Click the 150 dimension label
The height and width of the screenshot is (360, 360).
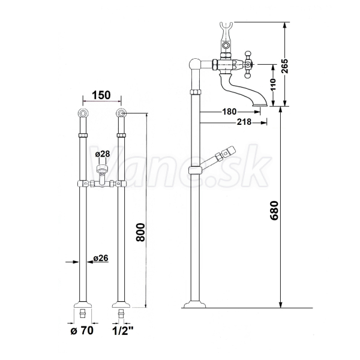(101, 95)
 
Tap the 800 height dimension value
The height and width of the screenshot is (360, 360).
(140, 232)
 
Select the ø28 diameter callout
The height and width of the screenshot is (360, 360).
(103, 154)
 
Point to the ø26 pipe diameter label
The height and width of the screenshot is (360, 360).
(101, 258)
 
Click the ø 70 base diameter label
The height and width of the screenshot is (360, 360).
(82, 331)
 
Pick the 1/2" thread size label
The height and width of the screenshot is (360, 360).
(123, 331)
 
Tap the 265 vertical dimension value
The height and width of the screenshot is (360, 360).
(284, 66)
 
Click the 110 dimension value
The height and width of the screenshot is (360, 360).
(273, 85)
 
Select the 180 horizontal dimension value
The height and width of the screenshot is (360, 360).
(229, 112)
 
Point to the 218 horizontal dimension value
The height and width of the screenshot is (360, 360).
(244, 122)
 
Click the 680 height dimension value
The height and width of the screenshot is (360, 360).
(274, 211)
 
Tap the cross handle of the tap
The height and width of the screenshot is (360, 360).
(247, 65)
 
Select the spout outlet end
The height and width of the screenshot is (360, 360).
(260, 105)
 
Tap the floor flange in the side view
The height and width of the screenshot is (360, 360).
(194, 304)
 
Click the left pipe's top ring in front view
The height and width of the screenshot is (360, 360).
(83, 113)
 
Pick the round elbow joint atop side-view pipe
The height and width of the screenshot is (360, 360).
(195, 64)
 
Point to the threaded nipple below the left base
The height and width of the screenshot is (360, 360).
(83, 313)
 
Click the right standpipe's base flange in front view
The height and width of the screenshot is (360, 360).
(121, 305)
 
